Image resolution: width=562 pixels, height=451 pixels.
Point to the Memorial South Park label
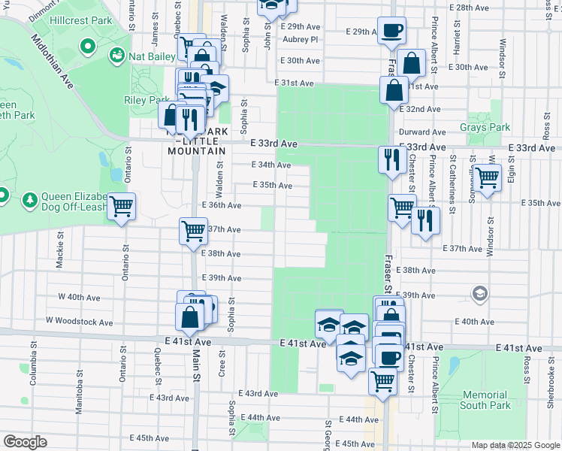485,400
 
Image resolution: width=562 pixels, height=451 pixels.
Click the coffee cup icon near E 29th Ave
391,31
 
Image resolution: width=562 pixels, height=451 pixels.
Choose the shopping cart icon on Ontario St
121,207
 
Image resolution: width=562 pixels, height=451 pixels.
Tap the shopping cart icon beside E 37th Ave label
193,230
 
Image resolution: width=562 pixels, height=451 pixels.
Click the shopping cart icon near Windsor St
487,179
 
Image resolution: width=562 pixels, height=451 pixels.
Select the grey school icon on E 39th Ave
479,292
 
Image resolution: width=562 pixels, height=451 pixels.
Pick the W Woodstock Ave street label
79,322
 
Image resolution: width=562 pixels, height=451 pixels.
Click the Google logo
26,442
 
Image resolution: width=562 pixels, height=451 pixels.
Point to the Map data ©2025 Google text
515,445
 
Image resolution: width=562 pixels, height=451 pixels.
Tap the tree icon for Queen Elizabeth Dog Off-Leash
29,200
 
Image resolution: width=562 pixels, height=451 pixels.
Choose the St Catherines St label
453,179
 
